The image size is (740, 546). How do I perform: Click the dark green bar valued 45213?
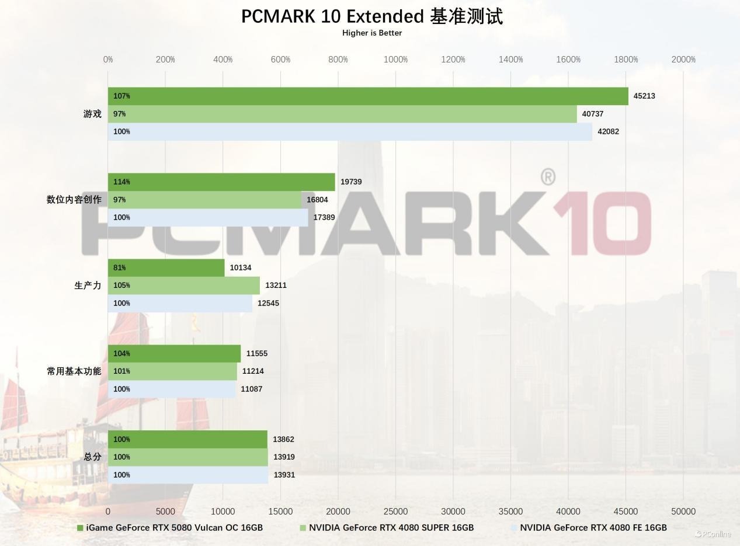click(x=368, y=96)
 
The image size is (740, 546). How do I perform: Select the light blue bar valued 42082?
click(x=350, y=131)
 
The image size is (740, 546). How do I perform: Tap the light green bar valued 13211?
click(x=184, y=286)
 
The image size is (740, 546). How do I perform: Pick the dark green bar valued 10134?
click(x=166, y=267)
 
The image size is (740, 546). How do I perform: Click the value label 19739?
click(x=351, y=182)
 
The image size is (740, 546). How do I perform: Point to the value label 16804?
click(x=317, y=200)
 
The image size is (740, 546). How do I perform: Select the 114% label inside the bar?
click(x=121, y=182)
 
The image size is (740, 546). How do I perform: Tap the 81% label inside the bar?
click(x=120, y=267)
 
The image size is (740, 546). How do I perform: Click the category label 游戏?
click(x=92, y=114)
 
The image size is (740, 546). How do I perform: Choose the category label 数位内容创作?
click(x=74, y=200)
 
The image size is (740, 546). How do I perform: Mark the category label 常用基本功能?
click(x=74, y=371)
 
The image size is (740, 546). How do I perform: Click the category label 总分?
click(x=92, y=457)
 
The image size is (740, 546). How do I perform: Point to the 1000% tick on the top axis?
click(x=395, y=60)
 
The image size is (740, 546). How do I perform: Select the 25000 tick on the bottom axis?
click(x=395, y=512)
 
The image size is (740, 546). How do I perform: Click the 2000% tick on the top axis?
click(x=683, y=60)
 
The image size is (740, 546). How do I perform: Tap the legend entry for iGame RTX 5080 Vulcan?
click(x=174, y=528)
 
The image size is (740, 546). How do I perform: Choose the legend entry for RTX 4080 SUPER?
click(x=391, y=528)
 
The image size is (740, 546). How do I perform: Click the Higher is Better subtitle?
click(x=372, y=33)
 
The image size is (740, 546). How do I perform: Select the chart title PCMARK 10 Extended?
click(x=372, y=16)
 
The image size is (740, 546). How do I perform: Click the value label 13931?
click(x=284, y=475)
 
